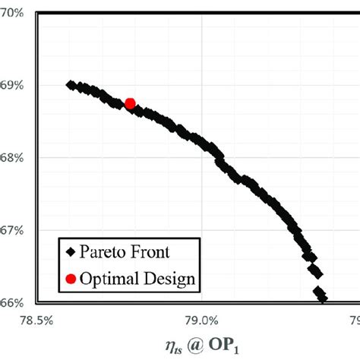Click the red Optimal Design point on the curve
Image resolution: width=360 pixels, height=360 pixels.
click(x=130, y=103)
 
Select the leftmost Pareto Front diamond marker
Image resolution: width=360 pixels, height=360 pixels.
click(x=71, y=85)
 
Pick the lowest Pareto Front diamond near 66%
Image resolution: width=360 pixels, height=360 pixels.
click(x=322, y=298)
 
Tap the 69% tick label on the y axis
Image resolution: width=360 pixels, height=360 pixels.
click(x=14, y=86)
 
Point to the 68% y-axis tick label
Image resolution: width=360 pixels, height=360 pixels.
click(x=14, y=158)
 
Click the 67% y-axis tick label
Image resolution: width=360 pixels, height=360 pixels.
click(x=14, y=230)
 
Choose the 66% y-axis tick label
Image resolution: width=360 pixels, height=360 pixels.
click(x=14, y=302)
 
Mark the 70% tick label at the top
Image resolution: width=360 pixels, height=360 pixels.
click(x=14, y=14)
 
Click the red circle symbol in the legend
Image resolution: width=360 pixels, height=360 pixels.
click(x=71, y=279)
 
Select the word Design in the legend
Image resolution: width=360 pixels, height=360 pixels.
click(x=175, y=279)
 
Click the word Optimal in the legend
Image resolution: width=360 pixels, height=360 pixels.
click(x=113, y=279)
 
